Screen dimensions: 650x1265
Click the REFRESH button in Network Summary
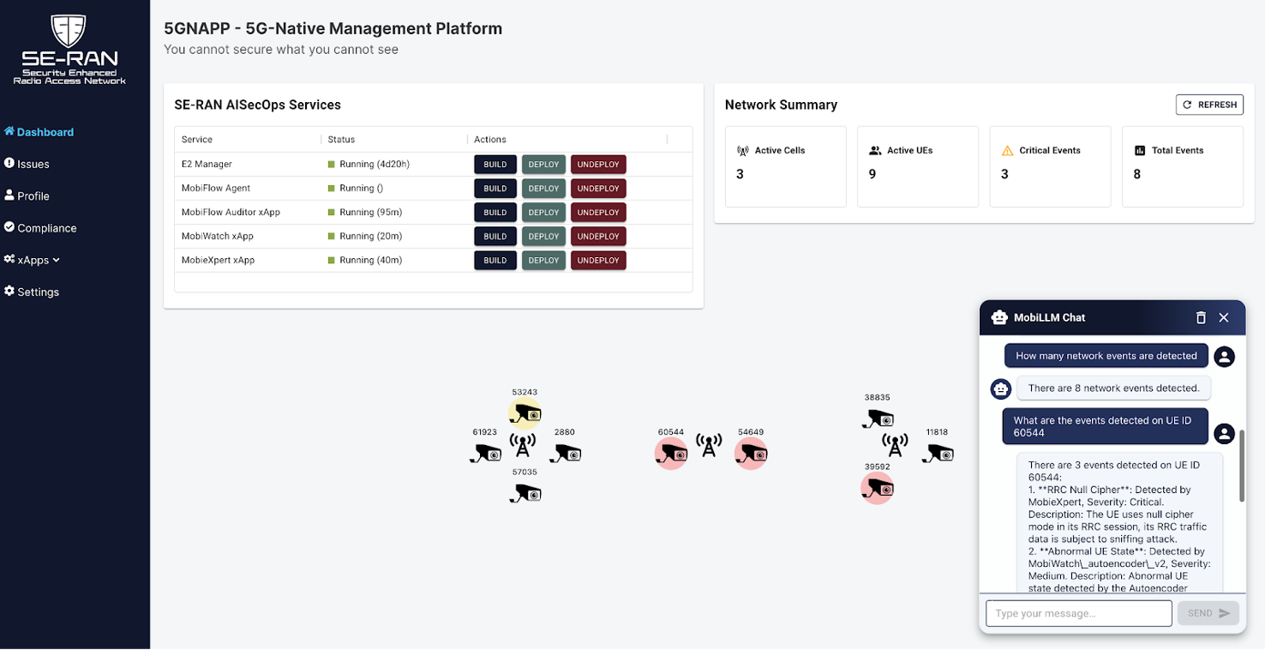pyautogui.click(x=1208, y=105)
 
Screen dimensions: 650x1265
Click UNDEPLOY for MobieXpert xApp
pyautogui.click(x=598, y=260)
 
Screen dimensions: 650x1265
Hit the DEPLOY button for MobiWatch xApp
pyautogui.click(x=543, y=236)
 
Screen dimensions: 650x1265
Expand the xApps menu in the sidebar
pyautogui.click(x=32, y=260)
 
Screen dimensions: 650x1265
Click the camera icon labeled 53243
pyautogui.click(x=525, y=414)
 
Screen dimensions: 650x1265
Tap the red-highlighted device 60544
pyautogui.click(x=671, y=454)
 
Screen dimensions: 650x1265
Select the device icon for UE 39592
pyautogui.click(x=877, y=488)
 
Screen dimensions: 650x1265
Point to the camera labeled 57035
pyautogui.click(x=525, y=493)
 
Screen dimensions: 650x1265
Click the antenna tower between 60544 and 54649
pyautogui.click(x=709, y=445)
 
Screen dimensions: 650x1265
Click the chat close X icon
pyautogui.click(x=1224, y=317)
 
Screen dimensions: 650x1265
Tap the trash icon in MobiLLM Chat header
pyautogui.click(x=1201, y=317)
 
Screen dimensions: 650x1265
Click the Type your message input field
pyautogui.click(x=1078, y=613)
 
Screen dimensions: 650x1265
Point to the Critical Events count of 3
pyautogui.click(x=1004, y=174)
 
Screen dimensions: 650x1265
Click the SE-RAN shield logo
pyautogui.click(x=69, y=30)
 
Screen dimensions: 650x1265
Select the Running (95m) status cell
pyautogui.click(x=370, y=212)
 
